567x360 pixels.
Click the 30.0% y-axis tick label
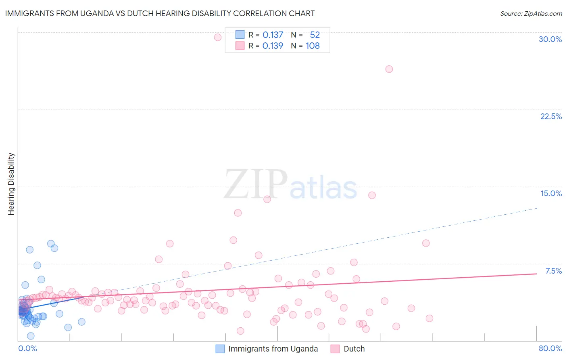coord(550,39)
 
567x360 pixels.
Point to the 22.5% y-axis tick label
coord(551,116)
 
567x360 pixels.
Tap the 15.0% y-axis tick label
coord(551,193)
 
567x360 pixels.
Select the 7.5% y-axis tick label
coord(553,271)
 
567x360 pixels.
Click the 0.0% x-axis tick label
coord(27,348)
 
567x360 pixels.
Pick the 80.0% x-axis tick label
coord(550,348)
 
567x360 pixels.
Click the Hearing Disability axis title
coord(11,184)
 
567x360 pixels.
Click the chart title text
coord(160,13)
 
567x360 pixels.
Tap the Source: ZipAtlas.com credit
coord(531,13)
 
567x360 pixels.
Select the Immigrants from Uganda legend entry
coord(273,349)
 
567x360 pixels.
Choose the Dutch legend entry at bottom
coord(354,349)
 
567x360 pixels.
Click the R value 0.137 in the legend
coord(273,35)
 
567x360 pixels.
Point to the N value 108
coord(313,46)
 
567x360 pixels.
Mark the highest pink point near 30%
coord(218,37)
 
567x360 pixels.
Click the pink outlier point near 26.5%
coord(389,69)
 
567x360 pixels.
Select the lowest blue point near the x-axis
coord(31,336)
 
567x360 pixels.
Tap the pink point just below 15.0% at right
coord(372,195)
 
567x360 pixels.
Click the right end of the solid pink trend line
coord(536,274)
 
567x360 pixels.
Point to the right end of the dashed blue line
coord(537,208)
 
